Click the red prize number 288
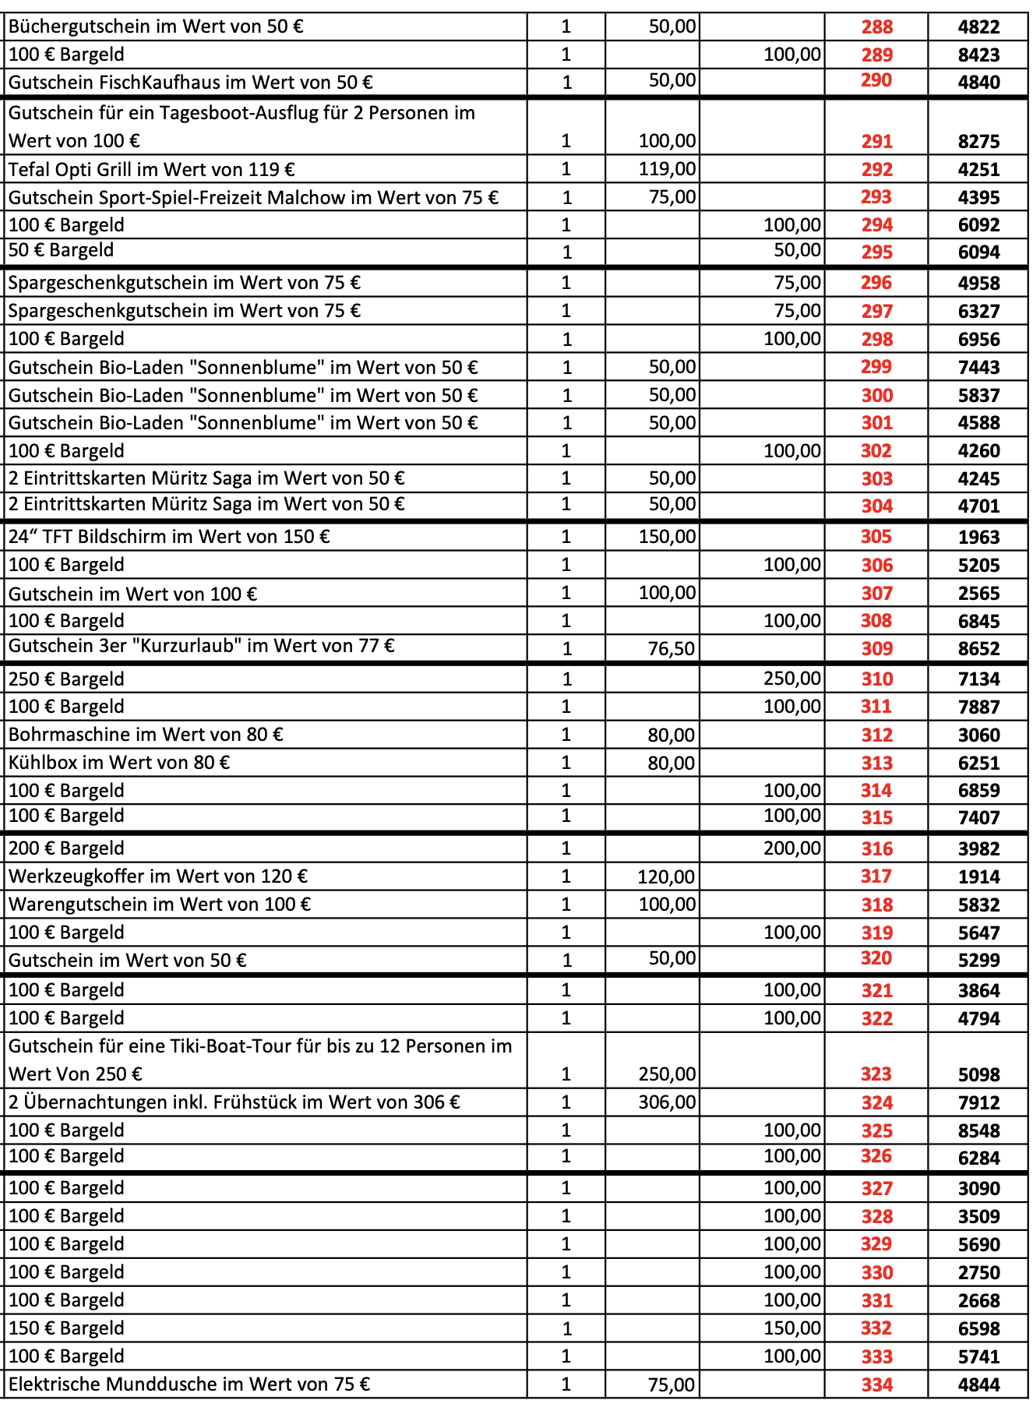point(876,27)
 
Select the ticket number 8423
point(978,55)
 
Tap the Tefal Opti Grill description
point(152,169)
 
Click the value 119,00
point(667,169)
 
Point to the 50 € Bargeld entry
point(62,251)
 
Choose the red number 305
point(876,537)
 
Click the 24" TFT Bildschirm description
point(169,537)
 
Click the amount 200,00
point(791,848)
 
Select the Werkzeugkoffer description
point(158,876)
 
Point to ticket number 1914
point(978,877)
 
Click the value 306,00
point(667,1102)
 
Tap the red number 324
point(876,1103)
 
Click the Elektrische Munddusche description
point(189,1384)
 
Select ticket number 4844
point(978,1385)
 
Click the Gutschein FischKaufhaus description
point(191,83)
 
